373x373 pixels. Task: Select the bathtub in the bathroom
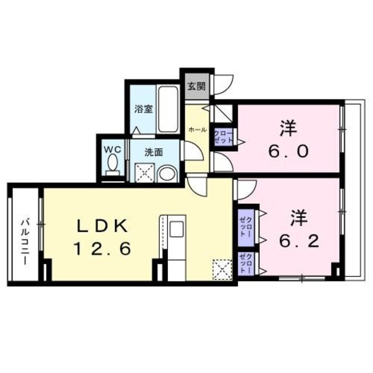pyautogui.click(x=168, y=108)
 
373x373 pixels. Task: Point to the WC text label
pyautogui.click(x=112, y=149)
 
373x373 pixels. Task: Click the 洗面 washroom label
pyautogui.click(x=154, y=150)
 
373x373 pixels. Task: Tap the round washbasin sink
pyautogui.click(x=167, y=173)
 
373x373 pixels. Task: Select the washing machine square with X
pyautogui.click(x=145, y=172)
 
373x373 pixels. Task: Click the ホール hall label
pyautogui.click(x=198, y=129)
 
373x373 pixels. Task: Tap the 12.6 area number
pyautogui.click(x=103, y=249)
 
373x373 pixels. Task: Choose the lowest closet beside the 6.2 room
pyautogui.click(x=246, y=265)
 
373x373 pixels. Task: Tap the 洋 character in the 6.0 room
pyautogui.click(x=287, y=129)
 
